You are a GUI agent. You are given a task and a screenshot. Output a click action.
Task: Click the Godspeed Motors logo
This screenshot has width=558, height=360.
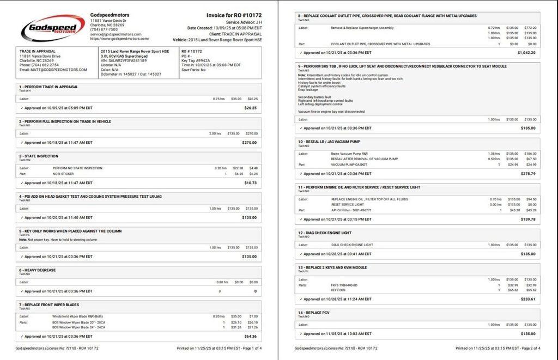pos(53,27)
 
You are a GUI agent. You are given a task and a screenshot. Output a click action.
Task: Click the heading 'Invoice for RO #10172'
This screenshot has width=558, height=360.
pos(234,15)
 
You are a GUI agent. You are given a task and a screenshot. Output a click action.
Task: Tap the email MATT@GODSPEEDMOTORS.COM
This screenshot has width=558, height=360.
pos(53,70)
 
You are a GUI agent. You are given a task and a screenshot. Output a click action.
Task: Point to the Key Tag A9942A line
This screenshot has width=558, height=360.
pos(196,60)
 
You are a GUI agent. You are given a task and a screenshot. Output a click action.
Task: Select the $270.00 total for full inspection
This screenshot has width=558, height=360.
pos(250,143)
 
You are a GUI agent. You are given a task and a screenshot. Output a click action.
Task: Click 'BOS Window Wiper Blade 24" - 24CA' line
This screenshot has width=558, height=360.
pos(78,327)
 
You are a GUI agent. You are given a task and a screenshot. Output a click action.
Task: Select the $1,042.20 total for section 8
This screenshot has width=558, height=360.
pos(526,53)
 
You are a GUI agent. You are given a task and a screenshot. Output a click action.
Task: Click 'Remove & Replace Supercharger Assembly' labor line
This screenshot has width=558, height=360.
pos(362,27)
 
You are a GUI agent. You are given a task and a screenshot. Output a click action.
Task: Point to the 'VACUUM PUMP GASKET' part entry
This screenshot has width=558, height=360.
pos(349,164)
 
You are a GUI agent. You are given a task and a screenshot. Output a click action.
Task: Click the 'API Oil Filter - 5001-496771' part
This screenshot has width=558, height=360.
pos(351,210)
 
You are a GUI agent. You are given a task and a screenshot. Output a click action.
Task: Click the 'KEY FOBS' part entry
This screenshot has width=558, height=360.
pos(338,290)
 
